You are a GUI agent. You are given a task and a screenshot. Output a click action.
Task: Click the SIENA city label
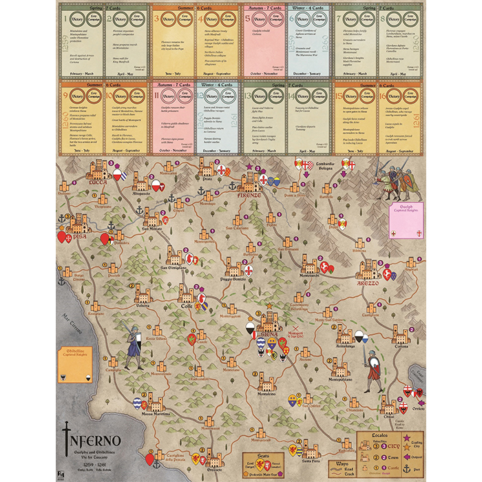pyautogui.click(x=270, y=333)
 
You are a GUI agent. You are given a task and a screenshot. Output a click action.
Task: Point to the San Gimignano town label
pyautogui.click(x=174, y=267)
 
